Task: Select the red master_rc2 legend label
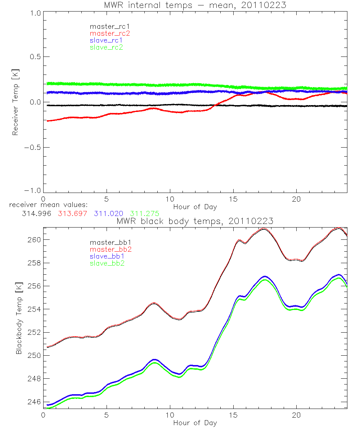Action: coord(109,33)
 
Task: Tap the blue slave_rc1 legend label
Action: coord(106,40)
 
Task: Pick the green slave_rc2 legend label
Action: coord(106,47)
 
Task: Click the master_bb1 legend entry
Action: coord(108,242)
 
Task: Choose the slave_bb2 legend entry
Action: coord(108,264)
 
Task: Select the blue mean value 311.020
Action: coord(108,213)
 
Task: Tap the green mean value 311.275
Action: coord(145,213)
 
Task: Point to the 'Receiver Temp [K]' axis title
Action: coord(15,102)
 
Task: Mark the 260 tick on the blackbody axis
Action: coord(32,240)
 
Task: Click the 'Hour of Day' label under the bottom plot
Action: coord(195,423)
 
